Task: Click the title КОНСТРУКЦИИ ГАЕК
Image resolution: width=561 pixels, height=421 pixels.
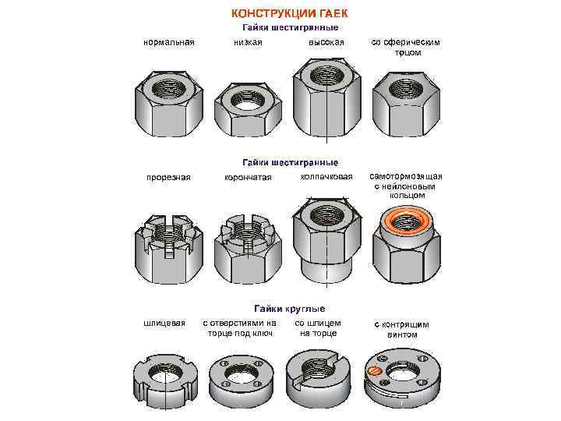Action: [x=289, y=13]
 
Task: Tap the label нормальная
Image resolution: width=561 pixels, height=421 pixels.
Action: [x=169, y=43]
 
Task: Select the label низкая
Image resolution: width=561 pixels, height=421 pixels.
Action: [x=248, y=42]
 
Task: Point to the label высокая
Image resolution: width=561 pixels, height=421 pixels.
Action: [x=326, y=43]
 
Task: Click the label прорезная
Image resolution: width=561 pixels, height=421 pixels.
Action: [x=168, y=178]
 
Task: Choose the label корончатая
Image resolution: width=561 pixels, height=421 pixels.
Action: [x=248, y=178]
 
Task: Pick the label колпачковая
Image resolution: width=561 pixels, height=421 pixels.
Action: [x=326, y=177]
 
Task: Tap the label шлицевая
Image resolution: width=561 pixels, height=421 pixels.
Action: [x=164, y=324]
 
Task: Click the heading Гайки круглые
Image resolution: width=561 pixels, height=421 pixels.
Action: [x=290, y=309]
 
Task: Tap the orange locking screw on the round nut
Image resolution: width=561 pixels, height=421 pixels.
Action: [x=372, y=371]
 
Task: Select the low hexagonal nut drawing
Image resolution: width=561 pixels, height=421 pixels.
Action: [x=248, y=110]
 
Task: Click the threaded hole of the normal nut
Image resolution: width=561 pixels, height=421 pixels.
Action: [x=168, y=88]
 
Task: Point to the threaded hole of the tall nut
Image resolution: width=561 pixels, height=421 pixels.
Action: [x=326, y=75]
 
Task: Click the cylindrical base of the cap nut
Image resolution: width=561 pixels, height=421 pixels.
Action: [x=326, y=271]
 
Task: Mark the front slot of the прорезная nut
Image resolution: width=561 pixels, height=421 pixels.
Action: [x=169, y=249]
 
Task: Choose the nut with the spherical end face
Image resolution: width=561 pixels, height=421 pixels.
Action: [x=407, y=104]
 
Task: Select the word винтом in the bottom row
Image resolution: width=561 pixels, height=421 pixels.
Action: [x=402, y=335]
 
